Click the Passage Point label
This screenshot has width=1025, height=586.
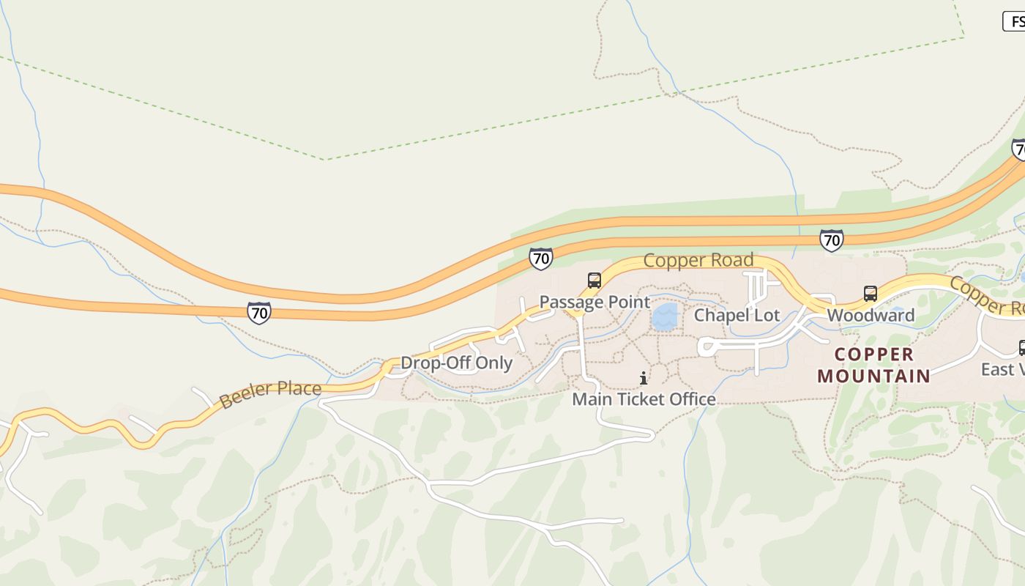click(x=594, y=302)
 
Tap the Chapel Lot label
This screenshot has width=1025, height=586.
click(x=737, y=316)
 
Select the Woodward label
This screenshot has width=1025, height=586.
click(x=871, y=316)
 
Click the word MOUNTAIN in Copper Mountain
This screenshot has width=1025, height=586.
click(x=873, y=377)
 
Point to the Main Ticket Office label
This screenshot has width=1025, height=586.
click(x=644, y=399)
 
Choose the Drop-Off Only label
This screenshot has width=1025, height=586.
click(x=456, y=363)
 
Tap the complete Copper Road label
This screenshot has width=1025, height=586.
click(x=698, y=261)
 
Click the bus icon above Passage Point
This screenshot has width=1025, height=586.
click(x=594, y=281)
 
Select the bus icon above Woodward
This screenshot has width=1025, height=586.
click(x=871, y=294)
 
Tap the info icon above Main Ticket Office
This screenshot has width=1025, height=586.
click(x=644, y=378)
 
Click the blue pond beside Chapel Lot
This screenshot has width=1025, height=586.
click(x=665, y=317)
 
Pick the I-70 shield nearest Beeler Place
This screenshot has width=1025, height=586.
click(x=258, y=313)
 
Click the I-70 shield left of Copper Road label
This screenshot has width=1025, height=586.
click(x=540, y=259)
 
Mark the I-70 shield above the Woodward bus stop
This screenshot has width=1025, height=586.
click(x=831, y=240)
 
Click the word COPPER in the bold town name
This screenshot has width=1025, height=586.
click(x=874, y=355)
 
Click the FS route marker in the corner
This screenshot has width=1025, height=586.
click(x=1014, y=22)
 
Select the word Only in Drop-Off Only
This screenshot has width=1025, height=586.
click(x=494, y=363)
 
